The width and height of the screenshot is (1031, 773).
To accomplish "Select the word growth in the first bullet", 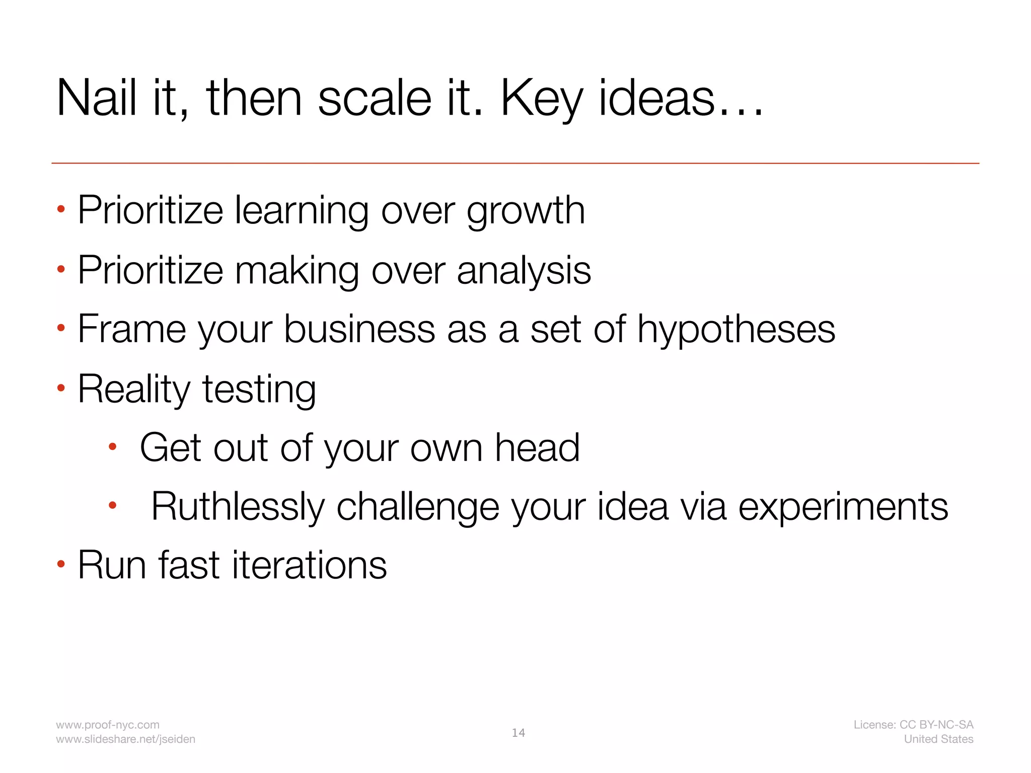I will click(x=526, y=211).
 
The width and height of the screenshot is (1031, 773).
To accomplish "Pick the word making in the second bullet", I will click(x=297, y=271).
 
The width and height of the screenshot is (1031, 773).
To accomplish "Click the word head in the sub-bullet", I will click(x=537, y=447).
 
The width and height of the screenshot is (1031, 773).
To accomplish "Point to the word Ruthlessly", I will click(x=238, y=507).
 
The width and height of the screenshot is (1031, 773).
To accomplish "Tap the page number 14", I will click(x=518, y=733).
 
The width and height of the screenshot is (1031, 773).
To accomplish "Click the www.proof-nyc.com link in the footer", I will click(x=108, y=725).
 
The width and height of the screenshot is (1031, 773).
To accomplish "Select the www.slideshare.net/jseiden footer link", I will click(x=125, y=739).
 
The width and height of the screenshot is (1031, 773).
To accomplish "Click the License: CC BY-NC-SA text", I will click(x=913, y=725).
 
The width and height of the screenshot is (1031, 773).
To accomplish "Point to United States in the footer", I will click(x=938, y=739).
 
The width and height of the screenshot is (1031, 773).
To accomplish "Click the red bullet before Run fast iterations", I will click(x=61, y=564).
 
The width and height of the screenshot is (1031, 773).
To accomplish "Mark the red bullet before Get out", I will click(x=113, y=446).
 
